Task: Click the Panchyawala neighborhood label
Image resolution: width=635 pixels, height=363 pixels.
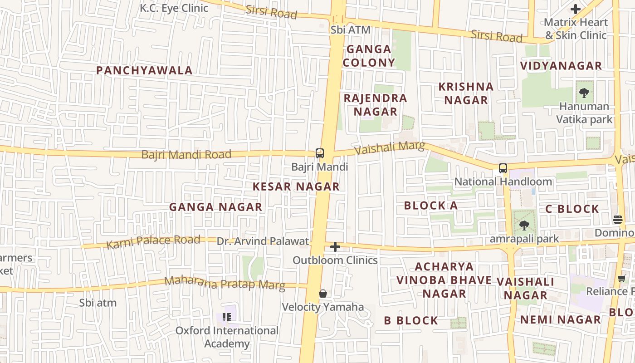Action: click(x=144, y=70)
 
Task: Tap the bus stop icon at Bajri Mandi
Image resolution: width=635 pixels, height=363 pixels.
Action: click(x=320, y=153)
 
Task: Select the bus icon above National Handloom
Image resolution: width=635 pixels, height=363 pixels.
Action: click(x=503, y=168)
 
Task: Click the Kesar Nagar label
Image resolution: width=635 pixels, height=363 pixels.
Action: click(x=296, y=186)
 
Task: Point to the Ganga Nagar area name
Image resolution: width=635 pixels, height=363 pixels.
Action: click(x=215, y=207)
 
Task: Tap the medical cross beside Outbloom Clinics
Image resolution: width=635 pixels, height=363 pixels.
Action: click(x=335, y=247)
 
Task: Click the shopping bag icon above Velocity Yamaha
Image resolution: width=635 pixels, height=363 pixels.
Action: click(x=323, y=294)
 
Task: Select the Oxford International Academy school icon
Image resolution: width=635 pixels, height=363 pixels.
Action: click(x=227, y=317)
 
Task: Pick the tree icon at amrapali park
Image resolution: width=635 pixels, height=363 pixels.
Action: click(x=524, y=225)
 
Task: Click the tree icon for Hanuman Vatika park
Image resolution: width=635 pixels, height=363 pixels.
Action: click(x=584, y=93)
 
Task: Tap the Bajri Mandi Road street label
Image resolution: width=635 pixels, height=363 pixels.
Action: click(x=186, y=154)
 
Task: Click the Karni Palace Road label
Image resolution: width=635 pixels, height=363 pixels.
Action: click(x=153, y=241)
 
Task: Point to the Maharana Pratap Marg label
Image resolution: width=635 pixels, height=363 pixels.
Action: click(x=225, y=283)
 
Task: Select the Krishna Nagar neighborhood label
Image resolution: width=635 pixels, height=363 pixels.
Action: click(x=466, y=93)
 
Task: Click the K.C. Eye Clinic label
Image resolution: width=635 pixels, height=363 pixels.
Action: click(x=174, y=8)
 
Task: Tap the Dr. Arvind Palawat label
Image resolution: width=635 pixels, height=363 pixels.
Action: click(x=263, y=241)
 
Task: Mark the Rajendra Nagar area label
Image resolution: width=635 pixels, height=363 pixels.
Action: click(x=376, y=105)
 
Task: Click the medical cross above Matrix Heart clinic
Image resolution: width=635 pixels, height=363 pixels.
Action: click(x=576, y=9)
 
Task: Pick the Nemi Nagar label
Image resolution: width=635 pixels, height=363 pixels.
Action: click(x=560, y=319)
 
